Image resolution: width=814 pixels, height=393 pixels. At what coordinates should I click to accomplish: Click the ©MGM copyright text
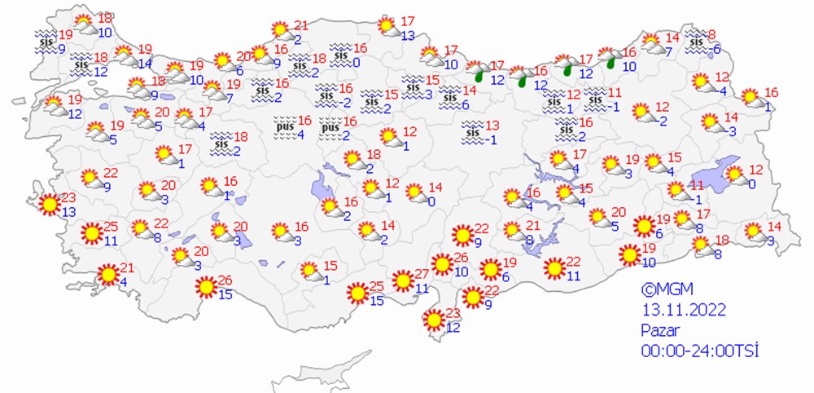coord(664,289)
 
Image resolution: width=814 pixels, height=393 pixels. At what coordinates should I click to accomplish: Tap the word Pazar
coord(659,330)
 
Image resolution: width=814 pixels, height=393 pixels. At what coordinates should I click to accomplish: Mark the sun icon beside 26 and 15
coord(205,286)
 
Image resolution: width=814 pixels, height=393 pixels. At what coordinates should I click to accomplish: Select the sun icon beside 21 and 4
coord(107,276)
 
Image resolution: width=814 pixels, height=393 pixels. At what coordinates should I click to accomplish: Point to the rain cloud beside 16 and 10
coord(608,57)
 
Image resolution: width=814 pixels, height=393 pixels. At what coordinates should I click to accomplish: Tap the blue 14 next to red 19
coord(146,63)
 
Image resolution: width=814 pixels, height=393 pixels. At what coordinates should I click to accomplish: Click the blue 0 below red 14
coord(431,201)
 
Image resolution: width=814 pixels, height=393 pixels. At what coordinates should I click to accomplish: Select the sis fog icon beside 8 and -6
coord(697,38)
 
